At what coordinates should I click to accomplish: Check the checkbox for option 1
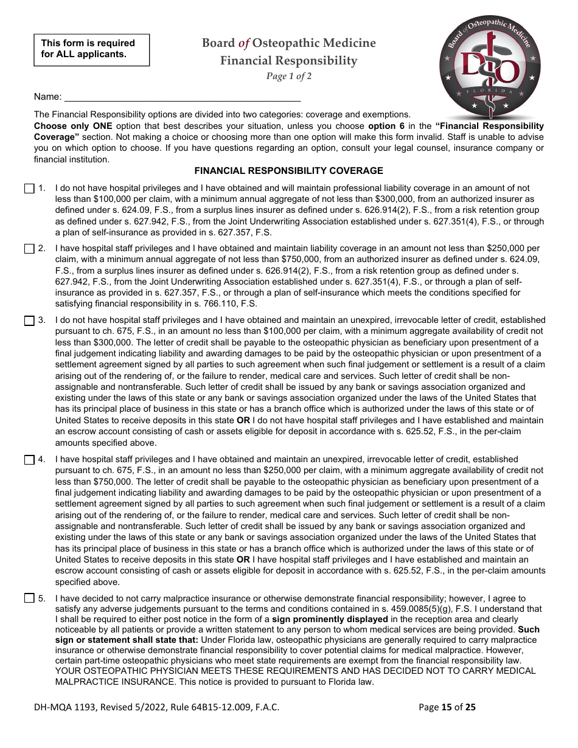[29, 189]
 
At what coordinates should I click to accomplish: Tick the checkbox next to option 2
[29, 248]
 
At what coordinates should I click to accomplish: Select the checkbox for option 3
[29, 320]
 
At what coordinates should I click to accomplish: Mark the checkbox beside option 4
[29, 459]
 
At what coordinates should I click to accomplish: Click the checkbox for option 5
[29, 598]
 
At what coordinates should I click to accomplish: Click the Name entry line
[183, 96]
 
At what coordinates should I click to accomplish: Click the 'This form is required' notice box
[91, 49]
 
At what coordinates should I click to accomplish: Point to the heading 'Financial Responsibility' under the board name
[288, 60]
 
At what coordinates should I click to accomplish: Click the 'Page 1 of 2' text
[288, 76]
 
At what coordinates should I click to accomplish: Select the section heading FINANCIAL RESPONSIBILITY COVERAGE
[288, 171]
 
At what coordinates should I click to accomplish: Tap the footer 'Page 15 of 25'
[447, 707]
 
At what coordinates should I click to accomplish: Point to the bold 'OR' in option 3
[243, 420]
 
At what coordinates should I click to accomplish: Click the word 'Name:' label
[47, 97]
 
